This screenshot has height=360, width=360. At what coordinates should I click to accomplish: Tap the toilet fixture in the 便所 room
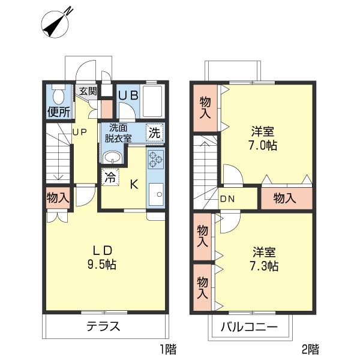pos(58,95)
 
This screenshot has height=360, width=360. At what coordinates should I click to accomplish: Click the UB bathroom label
pos(128,95)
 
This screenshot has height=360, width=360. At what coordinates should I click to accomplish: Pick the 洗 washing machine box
pos(155,133)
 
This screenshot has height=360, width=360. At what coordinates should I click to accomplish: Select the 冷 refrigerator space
pos(110,177)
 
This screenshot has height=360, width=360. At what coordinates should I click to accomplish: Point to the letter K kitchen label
pos(134,184)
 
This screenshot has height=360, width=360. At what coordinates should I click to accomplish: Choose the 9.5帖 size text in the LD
pos(103,263)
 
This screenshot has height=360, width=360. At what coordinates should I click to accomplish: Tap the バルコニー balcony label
pos(248,328)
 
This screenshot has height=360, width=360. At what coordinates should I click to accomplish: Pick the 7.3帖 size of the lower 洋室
pos(264,266)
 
